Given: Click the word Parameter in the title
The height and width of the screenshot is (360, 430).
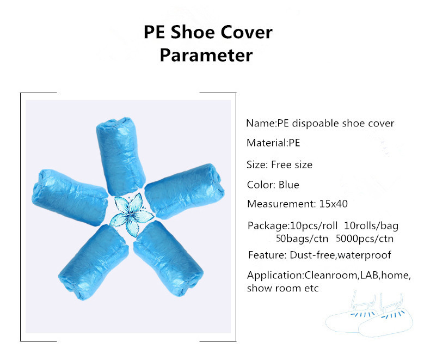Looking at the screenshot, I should coord(206,55).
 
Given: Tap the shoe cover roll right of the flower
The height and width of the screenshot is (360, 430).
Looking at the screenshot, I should coord(185,188).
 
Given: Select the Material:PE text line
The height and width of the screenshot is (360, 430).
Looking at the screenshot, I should coord(273,143).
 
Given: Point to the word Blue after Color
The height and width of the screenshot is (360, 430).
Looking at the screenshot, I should coord(288,185).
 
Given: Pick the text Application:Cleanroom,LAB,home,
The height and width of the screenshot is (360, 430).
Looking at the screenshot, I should coord(328,275).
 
